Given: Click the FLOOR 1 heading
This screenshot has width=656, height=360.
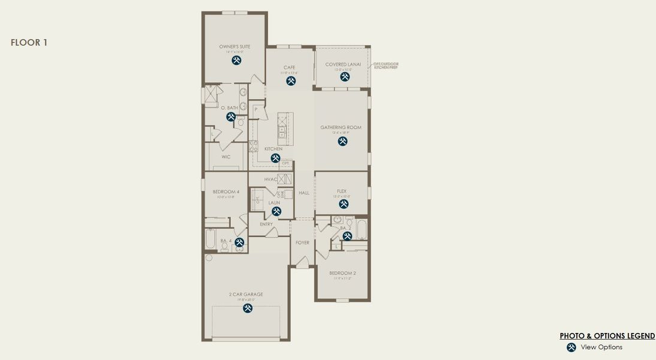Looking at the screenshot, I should (x=29, y=43).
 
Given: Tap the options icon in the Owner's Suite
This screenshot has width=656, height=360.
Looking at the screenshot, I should (x=237, y=61).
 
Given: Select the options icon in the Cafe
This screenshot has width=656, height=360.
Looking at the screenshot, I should (x=291, y=81).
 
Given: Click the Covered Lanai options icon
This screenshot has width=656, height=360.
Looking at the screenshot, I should (x=345, y=77).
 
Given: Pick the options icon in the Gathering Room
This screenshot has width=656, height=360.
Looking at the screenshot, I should (x=342, y=141).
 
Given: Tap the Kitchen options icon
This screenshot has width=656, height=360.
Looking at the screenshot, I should (x=275, y=158).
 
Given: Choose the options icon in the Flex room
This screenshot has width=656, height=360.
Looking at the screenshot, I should (x=344, y=204).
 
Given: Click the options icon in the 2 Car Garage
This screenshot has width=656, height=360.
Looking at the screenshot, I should (x=248, y=308).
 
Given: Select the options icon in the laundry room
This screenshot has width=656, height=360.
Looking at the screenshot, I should (x=276, y=211).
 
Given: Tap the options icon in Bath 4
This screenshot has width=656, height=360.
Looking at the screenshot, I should (x=239, y=242).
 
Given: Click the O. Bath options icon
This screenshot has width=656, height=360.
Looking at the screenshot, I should (x=231, y=116).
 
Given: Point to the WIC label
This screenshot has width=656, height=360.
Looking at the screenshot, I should (x=226, y=157).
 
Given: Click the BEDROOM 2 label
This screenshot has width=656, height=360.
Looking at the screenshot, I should (x=342, y=273).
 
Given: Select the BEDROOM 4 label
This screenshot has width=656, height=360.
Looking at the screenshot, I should (x=226, y=191).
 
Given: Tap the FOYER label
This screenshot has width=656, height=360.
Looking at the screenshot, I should (x=302, y=242).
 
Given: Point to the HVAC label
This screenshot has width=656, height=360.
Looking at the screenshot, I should (x=270, y=179).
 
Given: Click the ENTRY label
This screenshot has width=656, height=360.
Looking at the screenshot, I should (x=266, y=224).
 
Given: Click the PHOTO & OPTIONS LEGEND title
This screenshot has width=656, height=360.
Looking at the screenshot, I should (x=607, y=336).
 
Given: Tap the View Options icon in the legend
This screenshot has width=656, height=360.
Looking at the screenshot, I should (x=571, y=347).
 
